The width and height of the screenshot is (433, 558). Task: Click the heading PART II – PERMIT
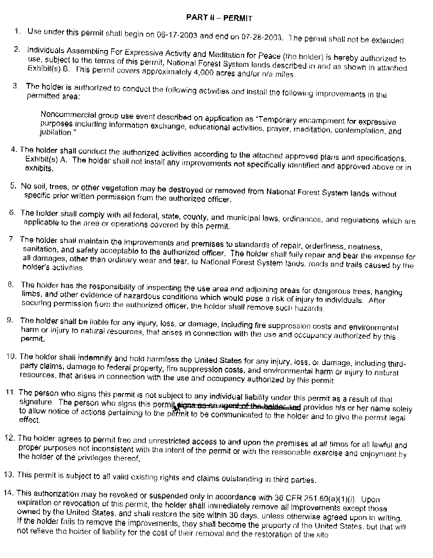[x=219, y=18]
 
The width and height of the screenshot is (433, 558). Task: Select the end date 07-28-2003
[x=262, y=37]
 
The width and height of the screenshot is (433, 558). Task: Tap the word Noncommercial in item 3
[x=64, y=115]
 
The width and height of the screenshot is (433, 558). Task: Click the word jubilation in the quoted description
[x=55, y=132]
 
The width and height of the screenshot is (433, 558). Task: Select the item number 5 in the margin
[x=13, y=186]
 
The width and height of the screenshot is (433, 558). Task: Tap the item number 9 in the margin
[x=9, y=320]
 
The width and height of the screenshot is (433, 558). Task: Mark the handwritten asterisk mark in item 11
[x=176, y=406]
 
